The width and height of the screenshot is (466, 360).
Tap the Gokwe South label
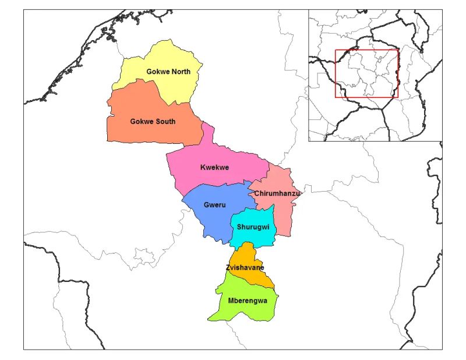(x=152, y=122)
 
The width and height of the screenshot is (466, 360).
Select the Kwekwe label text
(x=214, y=168)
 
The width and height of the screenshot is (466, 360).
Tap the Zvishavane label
(x=245, y=267)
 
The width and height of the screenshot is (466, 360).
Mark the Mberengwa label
(x=243, y=302)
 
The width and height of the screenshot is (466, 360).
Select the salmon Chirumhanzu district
(x=283, y=216)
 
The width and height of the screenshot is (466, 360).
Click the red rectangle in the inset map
(x=366, y=73)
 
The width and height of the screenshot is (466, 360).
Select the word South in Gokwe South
(x=165, y=122)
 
